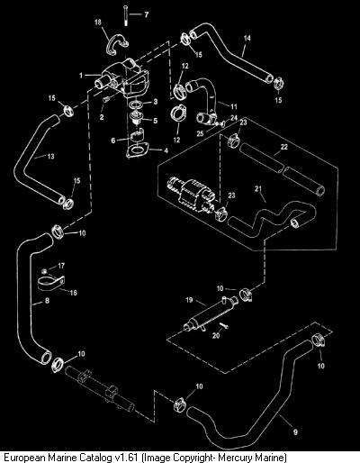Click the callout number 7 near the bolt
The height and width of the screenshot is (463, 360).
[146, 14]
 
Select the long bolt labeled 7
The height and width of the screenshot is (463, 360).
[124, 15]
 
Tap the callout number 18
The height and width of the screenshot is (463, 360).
[98, 23]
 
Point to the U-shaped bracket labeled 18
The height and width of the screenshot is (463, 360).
[117, 45]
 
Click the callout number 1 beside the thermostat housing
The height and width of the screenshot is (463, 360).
[81, 75]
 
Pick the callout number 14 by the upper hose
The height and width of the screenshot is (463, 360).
[247, 38]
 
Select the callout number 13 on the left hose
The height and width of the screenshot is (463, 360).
[51, 156]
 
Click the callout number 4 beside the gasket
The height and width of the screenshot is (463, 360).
[166, 150]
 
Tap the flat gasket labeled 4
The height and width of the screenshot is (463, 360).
[137, 151]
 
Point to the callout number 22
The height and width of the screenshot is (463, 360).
[283, 147]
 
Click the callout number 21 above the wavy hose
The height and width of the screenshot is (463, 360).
[258, 189]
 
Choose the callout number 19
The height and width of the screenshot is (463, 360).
[189, 300]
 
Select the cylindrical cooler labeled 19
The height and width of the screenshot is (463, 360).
[210, 313]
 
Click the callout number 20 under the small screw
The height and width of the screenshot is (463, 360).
[216, 335]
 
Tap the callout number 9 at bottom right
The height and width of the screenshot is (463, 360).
[295, 431]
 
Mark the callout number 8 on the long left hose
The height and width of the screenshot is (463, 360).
[47, 300]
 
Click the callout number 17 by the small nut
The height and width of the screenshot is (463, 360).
[61, 266]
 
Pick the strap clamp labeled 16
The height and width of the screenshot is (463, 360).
[51, 283]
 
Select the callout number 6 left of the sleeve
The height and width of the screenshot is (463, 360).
[113, 141]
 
